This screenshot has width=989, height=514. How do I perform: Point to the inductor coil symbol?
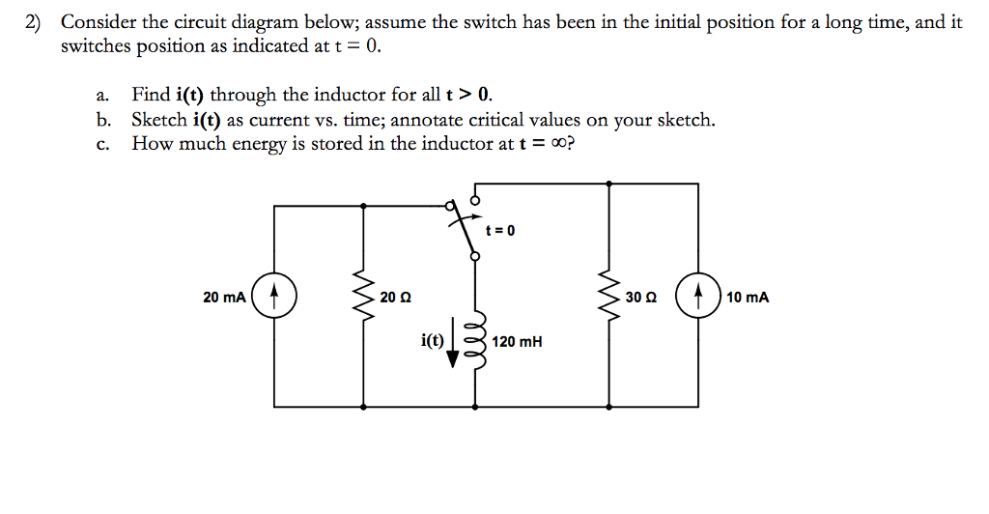coord(474,341)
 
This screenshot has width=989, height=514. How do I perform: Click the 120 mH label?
coord(517,341)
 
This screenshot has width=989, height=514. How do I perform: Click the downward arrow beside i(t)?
coord(452,346)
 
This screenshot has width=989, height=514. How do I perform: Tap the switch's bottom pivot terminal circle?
coord(473,256)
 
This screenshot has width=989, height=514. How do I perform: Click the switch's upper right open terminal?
coord(473,198)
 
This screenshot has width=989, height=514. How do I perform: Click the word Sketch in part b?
coord(159,120)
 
